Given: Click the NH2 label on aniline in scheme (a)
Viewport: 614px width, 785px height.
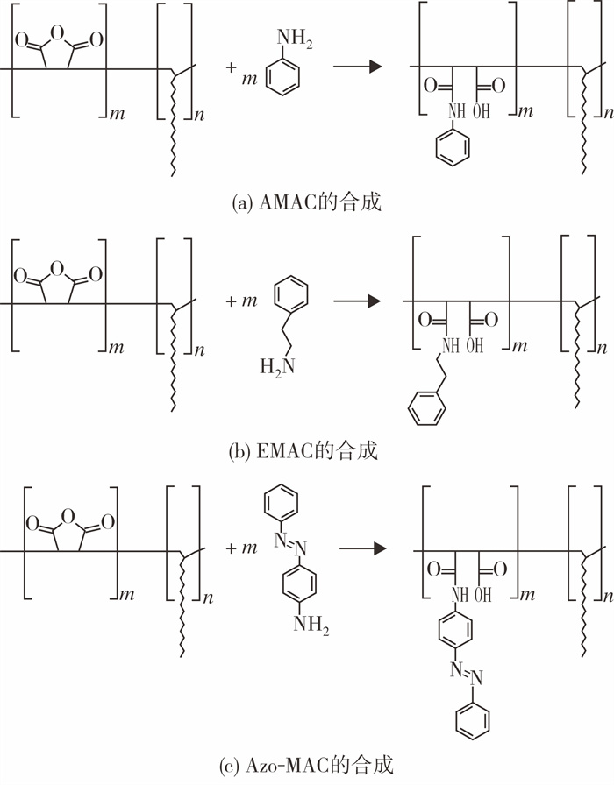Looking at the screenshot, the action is pyautogui.click(x=294, y=39).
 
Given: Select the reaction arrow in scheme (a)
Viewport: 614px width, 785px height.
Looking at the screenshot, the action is pyautogui.click(x=358, y=66).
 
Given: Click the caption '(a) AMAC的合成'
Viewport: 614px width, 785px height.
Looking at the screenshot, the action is pyautogui.click(x=307, y=202).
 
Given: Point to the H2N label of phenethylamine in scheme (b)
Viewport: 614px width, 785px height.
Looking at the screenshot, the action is pyautogui.click(x=277, y=367).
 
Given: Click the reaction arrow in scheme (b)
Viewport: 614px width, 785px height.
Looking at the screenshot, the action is pyautogui.click(x=358, y=301).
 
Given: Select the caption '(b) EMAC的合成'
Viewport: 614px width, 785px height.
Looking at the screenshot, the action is pyautogui.click(x=303, y=450).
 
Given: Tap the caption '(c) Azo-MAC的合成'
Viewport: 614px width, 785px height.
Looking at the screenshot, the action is pyautogui.click(x=306, y=766).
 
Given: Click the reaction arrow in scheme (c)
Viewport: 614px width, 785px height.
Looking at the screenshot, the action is pyautogui.click(x=363, y=548).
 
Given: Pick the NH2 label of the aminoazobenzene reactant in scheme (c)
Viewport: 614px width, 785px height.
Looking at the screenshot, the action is pyautogui.click(x=311, y=624).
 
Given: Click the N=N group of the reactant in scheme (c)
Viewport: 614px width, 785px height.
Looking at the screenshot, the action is pyautogui.click(x=290, y=544).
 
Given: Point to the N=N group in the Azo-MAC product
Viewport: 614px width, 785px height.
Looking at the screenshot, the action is pyautogui.click(x=466, y=674).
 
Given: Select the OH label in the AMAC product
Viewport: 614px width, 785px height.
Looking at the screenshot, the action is pyautogui.click(x=482, y=110).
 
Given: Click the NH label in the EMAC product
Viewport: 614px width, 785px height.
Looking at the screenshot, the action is pyautogui.click(x=451, y=345).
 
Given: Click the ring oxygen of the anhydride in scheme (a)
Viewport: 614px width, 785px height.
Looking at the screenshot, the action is pyautogui.click(x=58, y=33).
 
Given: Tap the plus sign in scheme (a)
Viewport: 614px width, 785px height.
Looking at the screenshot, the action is pyautogui.click(x=231, y=67).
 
